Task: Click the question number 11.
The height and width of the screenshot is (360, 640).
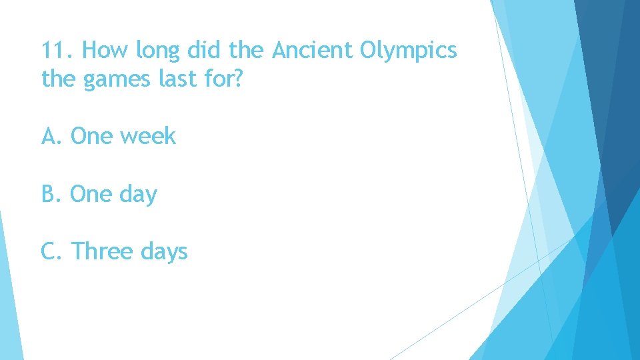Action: click(58, 51)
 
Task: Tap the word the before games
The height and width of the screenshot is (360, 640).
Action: click(59, 79)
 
